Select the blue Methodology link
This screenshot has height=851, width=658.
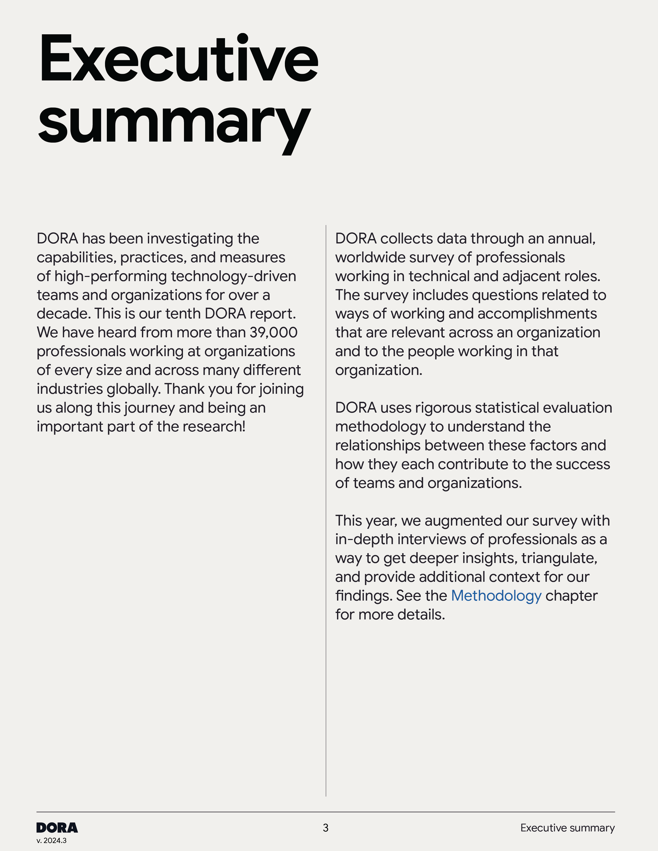click(x=496, y=596)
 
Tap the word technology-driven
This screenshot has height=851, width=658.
click(x=233, y=276)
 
